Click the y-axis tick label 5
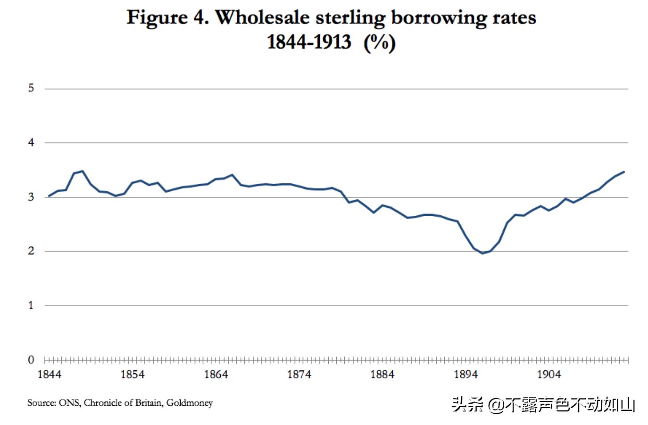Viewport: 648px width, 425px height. click(31, 88)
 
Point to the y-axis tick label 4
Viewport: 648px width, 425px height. click(31, 142)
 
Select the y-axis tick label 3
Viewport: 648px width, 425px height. click(31, 197)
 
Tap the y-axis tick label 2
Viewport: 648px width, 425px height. click(31, 251)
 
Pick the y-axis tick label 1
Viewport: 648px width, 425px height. click(31, 305)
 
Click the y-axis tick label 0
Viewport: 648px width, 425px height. click(31, 360)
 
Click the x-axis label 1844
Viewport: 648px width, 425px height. click(49, 375)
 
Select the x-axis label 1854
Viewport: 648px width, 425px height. click(133, 375)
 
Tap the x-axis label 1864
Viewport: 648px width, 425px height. click(216, 375)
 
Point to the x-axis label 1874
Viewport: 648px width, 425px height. click(299, 375)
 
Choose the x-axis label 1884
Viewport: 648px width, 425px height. click(382, 375)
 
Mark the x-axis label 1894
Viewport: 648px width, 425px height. click(466, 375)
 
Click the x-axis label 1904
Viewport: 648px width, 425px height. click(549, 375)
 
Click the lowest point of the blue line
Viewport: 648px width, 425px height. click(482, 253)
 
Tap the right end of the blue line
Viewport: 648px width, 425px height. click(624, 172)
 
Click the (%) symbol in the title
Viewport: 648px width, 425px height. click(380, 42)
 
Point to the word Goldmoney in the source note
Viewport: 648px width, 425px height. click(189, 403)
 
